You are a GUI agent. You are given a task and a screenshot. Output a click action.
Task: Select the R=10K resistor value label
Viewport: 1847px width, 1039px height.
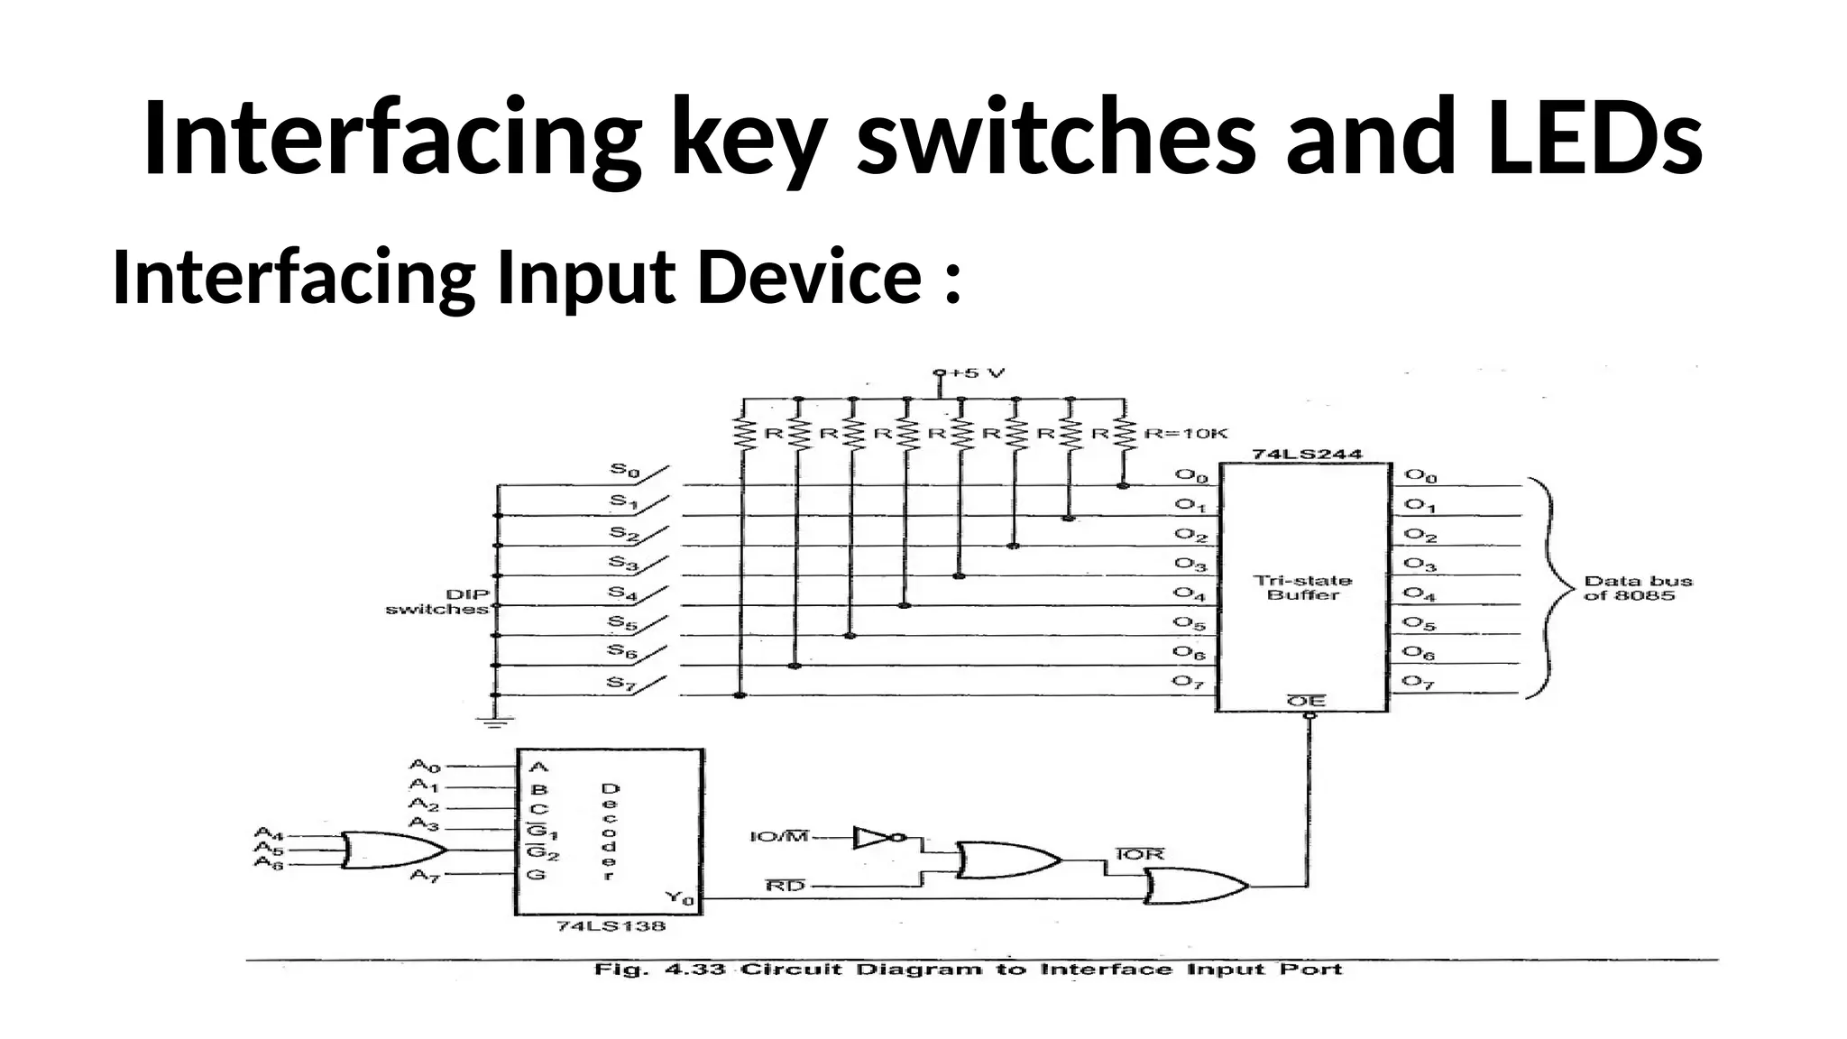[x=1186, y=434]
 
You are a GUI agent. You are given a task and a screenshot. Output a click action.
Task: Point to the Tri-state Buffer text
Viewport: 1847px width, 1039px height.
[x=1303, y=587]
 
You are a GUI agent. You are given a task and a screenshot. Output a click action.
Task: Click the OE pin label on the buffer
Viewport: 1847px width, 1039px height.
[x=1305, y=701]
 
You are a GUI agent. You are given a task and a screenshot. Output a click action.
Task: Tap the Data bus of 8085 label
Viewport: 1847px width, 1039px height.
[x=1638, y=588]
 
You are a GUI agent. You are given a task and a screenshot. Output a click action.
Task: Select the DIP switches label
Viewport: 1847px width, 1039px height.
[x=438, y=602]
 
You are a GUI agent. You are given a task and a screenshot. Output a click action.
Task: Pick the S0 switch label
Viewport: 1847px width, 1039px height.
[x=624, y=470]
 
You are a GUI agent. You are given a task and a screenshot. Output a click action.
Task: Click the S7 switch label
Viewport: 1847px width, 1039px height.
[x=621, y=683]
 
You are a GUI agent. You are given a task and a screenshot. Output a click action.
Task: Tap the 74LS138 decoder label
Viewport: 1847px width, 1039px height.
[x=611, y=926]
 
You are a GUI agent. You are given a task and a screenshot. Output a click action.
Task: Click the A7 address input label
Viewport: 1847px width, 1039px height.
[x=424, y=874]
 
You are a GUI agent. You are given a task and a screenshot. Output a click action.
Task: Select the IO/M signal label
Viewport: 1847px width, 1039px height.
[x=779, y=837]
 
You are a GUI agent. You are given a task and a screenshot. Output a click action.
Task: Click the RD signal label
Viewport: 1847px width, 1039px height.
[x=785, y=887]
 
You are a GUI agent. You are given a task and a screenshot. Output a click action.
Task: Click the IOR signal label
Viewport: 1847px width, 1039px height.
[x=1140, y=854]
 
